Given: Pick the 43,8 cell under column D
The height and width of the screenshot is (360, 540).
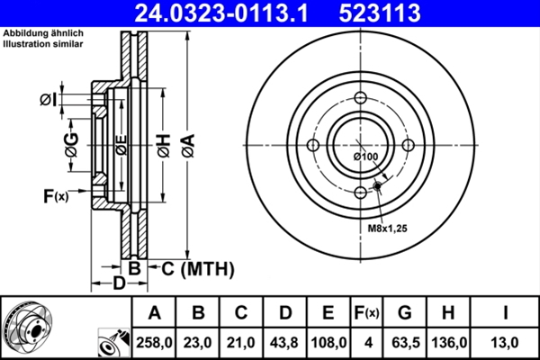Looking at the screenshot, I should click(284, 342).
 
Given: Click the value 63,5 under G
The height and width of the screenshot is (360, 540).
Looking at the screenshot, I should click(405, 342).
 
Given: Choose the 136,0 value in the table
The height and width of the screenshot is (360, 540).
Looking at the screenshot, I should click(450, 342).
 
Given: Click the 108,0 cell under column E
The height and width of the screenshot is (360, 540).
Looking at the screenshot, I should click(328, 342).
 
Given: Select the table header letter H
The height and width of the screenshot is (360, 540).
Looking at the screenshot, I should click(450, 313).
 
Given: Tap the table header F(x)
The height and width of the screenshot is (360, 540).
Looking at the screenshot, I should click(366, 313).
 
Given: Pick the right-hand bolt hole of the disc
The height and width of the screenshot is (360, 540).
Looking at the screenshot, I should click(408, 147).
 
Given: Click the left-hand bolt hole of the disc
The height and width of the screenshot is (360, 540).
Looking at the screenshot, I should click(312, 147).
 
